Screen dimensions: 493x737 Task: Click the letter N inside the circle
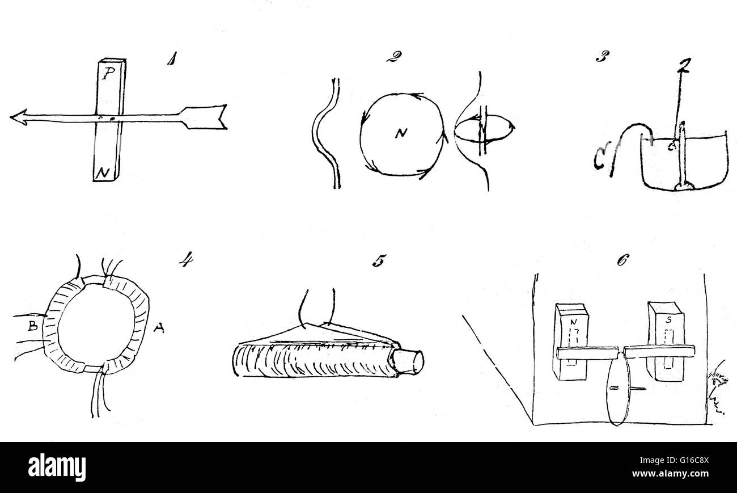(x=400, y=134)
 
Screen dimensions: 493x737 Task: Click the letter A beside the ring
(x=159, y=327)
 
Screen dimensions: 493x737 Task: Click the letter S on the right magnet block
(x=669, y=319)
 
